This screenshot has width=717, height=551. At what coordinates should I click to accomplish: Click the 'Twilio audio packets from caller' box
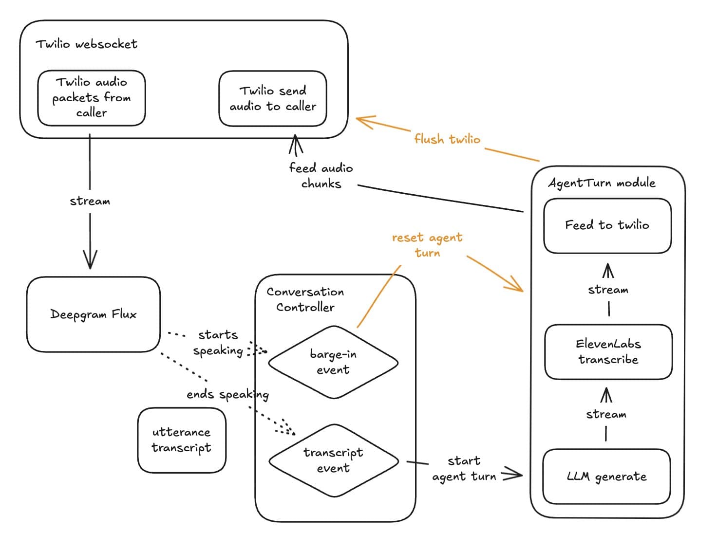(92, 97)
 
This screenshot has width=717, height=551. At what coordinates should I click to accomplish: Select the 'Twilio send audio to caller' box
(273, 98)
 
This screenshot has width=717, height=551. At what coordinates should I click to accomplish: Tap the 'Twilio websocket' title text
(86, 44)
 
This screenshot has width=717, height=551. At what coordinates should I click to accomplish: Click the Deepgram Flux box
(93, 314)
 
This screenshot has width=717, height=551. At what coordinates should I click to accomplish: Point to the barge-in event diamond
(333, 362)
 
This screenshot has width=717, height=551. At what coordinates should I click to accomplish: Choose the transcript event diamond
(333, 460)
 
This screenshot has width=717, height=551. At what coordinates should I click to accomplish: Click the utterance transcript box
(182, 440)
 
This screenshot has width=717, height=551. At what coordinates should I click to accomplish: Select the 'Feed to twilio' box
(607, 225)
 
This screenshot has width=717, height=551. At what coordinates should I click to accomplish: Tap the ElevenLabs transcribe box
(608, 352)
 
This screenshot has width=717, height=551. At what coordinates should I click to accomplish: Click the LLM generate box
(606, 477)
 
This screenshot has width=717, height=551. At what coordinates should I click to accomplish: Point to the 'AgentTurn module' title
(602, 183)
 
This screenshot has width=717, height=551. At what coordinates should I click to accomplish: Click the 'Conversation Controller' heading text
(305, 299)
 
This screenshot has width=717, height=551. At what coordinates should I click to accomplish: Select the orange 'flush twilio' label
(447, 139)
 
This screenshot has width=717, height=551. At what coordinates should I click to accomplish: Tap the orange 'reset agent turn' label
(427, 245)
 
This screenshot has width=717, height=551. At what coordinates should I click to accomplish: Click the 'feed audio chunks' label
(321, 176)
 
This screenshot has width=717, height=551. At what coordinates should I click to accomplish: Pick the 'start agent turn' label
(464, 469)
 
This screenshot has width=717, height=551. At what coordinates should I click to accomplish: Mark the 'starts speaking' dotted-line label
(218, 343)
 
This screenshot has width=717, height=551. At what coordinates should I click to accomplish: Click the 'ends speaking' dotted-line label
(227, 394)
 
